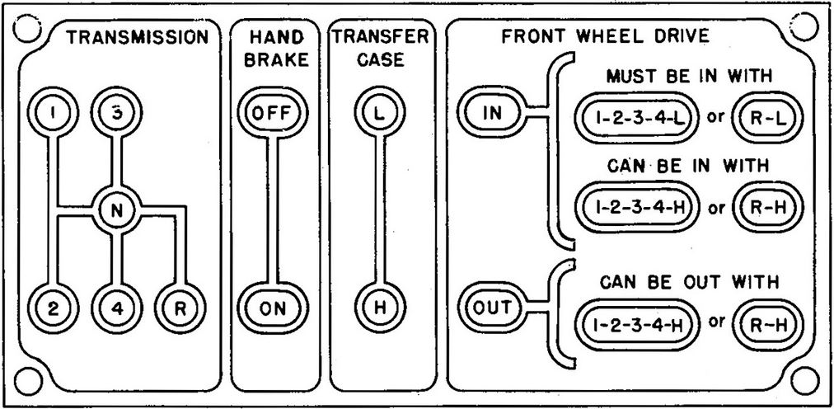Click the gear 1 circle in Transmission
pyautogui.click(x=53, y=114)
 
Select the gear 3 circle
pyautogui.click(x=118, y=114)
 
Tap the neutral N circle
pyautogui.click(x=117, y=211)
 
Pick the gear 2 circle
pyautogui.click(x=53, y=310)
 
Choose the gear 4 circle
pyautogui.click(x=118, y=310)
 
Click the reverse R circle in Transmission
pyautogui.click(x=179, y=310)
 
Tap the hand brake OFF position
pyautogui.click(x=270, y=114)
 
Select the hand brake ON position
pyautogui.click(x=270, y=310)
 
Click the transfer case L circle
pyautogui.click(x=378, y=114)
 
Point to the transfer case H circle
pyautogui.click(x=378, y=310)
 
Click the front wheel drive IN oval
pyautogui.click(x=492, y=114)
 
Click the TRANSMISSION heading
pyautogui.click(x=136, y=37)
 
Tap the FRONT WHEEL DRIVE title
pyautogui.click(x=606, y=37)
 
